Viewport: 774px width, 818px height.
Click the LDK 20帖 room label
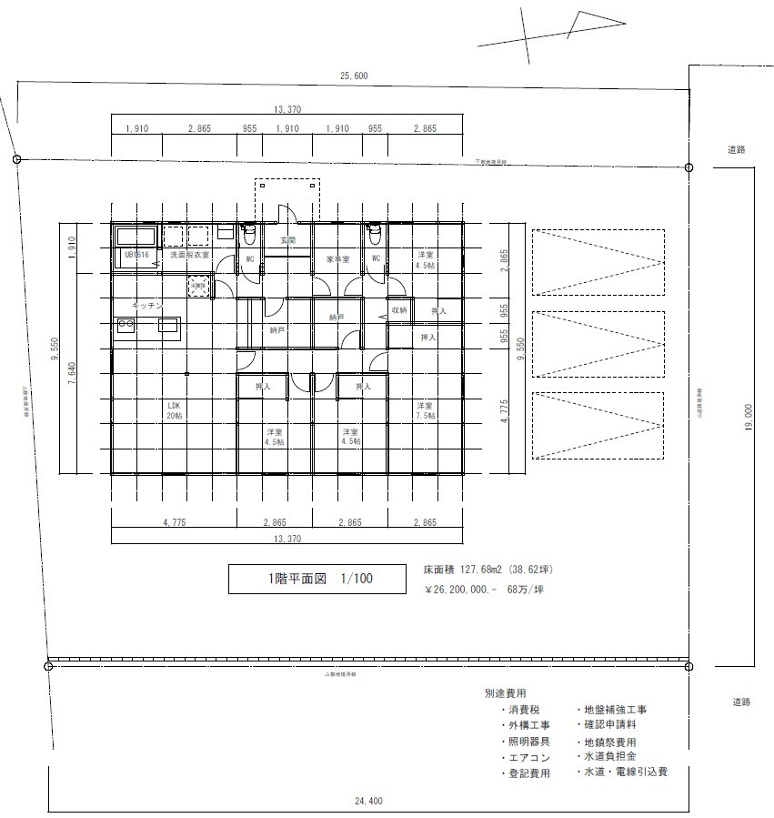coord(174,409)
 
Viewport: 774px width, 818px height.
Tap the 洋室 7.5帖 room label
coord(424,409)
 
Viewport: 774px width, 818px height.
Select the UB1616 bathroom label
coord(136,256)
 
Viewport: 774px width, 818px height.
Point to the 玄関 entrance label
coord(287,241)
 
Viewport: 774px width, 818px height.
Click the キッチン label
coord(146,304)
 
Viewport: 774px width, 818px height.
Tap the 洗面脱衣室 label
coord(189,256)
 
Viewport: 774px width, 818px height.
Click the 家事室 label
coord(337,259)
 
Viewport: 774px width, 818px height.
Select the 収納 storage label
coord(398,311)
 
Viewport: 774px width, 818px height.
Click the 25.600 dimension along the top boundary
coord(354,76)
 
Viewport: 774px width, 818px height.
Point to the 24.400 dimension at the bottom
coord(368,802)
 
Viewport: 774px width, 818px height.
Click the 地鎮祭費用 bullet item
coord(609,742)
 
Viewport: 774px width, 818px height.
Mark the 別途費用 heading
coord(505,692)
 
